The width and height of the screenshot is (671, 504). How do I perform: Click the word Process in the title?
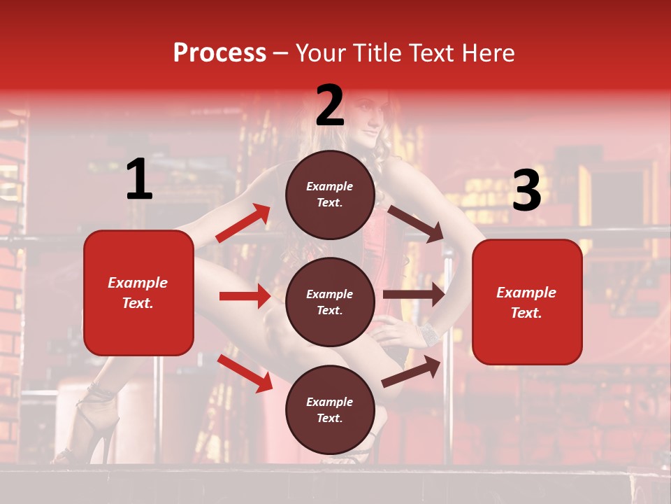tap(219, 53)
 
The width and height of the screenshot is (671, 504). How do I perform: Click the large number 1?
tap(139, 180)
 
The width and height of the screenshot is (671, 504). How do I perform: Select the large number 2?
tap(330, 106)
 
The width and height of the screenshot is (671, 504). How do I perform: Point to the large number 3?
tap(526, 191)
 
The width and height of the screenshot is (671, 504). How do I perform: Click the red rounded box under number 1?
tap(138, 293)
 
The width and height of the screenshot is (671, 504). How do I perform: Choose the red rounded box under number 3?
tap(527, 302)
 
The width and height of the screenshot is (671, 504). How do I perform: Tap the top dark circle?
tap(330, 195)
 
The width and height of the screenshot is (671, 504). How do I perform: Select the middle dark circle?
tap(330, 302)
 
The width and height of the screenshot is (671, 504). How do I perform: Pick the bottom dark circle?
tap(330, 409)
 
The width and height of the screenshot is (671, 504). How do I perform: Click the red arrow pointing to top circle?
tap(243, 223)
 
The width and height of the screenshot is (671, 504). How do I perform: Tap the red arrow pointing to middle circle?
tap(245, 296)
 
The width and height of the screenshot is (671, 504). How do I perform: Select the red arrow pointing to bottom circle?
tap(245, 372)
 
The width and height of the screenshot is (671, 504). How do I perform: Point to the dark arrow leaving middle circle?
tap(413, 295)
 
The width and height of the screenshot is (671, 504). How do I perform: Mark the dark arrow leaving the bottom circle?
tap(412, 371)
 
